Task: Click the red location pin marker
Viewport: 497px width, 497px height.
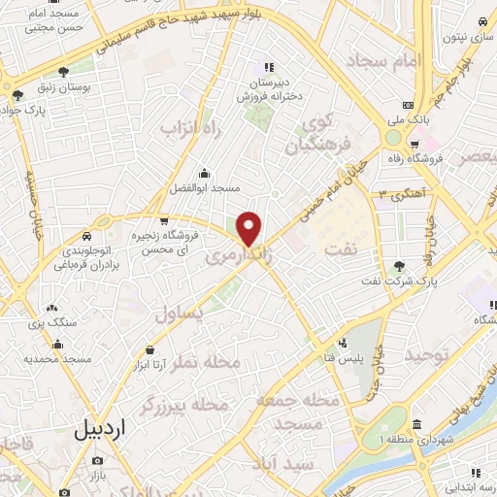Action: coord(249,228)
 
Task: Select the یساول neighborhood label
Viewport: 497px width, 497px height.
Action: coord(179,313)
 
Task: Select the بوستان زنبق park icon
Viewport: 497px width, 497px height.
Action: coord(64,71)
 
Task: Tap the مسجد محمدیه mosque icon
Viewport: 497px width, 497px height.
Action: coord(58,343)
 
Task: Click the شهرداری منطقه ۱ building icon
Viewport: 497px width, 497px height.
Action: coord(416,425)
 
